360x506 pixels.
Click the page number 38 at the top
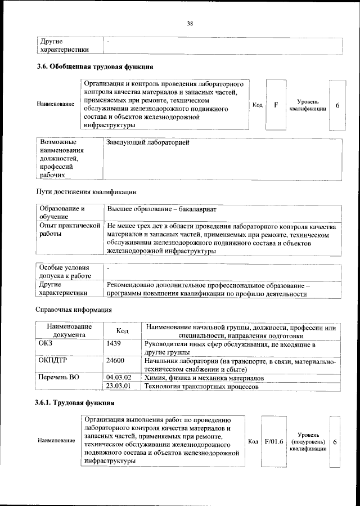pyautogui.click(x=190, y=24)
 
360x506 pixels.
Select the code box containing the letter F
pyautogui.click(x=276, y=105)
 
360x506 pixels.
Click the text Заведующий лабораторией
pyautogui.click(x=147, y=142)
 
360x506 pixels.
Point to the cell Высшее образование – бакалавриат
pyautogui.click(x=161, y=209)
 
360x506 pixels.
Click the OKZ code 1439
pyautogui.click(x=114, y=343)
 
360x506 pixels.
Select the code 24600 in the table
pyautogui.click(x=115, y=361)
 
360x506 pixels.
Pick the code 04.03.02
pyautogui.click(x=118, y=377)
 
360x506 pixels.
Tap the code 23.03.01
pyautogui.click(x=118, y=386)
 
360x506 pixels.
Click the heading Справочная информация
pyautogui.click(x=74, y=310)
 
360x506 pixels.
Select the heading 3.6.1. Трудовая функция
pyautogui.click(x=75, y=404)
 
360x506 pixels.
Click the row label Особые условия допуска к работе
pyautogui.click(x=64, y=272)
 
